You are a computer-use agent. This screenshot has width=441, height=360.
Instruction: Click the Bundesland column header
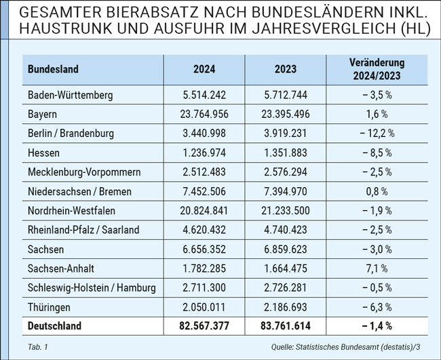click(53, 69)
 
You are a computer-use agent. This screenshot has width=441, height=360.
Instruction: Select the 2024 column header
click(204, 69)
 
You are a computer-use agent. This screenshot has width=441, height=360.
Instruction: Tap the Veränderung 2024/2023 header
click(377, 69)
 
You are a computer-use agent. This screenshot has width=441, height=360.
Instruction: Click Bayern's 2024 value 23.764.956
click(204, 115)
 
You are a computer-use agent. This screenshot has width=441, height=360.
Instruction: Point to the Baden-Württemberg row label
click(71, 95)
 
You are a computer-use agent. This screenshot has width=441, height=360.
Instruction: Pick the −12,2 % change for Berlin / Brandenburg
click(377, 134)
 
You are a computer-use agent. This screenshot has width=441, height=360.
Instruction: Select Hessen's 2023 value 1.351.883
click(286, 153)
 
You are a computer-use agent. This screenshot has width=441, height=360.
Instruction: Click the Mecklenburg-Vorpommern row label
click(84, 172)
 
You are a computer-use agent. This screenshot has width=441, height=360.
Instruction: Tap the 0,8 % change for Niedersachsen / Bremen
click(377, 192)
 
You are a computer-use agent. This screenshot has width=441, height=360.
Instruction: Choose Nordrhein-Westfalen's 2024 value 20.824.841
click(204, 211)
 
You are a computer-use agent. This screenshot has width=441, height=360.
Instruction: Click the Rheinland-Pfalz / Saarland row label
click(83, 230)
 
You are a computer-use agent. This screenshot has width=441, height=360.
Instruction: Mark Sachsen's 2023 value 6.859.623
click(286, 249)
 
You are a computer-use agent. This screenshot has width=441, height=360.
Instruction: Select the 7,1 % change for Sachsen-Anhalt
click(377, 268)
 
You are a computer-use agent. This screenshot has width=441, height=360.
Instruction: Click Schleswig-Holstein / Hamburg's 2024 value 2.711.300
click(204, 287)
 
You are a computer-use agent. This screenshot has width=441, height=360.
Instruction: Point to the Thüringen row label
click(49, 307)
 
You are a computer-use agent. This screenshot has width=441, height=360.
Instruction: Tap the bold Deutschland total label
click(54, 326)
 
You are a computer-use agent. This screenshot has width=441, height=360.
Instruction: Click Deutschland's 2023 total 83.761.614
click(286, 326)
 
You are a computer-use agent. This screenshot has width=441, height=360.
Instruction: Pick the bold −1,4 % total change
click(377, 326)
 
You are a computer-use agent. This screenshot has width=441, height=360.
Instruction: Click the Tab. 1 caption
click(38, 347)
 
